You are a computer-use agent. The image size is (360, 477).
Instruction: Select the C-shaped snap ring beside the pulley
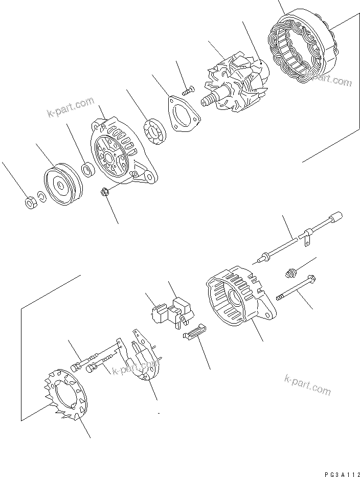pos(43,197)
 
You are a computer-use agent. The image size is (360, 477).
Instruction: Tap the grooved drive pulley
pos(62,184)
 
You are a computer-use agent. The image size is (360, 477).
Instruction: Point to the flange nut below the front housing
pos(103,193)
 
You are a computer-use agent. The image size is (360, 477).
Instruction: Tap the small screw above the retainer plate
pos(187,91)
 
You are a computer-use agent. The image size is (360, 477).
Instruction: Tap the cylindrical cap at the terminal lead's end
pos(336,218)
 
